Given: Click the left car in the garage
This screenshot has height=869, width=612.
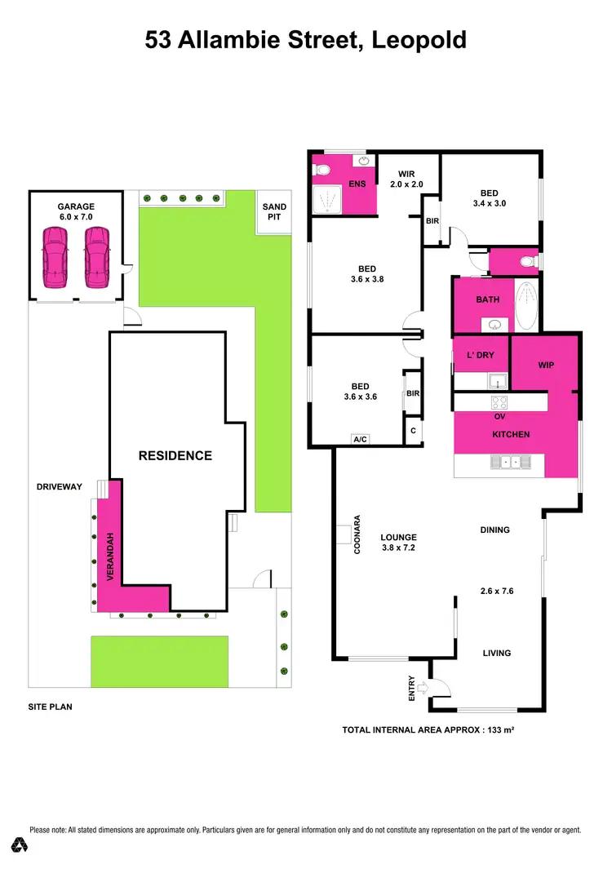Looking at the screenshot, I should (55, 257).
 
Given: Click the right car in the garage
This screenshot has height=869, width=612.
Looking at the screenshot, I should (95, 257).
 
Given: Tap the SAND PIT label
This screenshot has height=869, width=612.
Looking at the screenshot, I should (274, 213).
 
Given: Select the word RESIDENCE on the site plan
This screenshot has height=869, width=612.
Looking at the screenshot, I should (175, 456).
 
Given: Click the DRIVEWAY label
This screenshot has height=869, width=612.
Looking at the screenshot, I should (60, 486).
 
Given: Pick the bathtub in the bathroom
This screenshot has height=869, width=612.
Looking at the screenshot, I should (528, 304).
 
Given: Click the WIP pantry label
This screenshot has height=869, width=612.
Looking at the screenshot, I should (545, 365).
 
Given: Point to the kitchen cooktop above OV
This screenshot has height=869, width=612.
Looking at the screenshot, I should (500, 403).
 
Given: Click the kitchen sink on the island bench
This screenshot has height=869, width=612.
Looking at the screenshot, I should (511, 463).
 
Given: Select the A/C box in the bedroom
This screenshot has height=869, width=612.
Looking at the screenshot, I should (360, 439).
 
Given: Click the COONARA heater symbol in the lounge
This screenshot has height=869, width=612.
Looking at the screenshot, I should (344, 534).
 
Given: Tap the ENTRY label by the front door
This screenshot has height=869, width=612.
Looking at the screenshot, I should (412, 689).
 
